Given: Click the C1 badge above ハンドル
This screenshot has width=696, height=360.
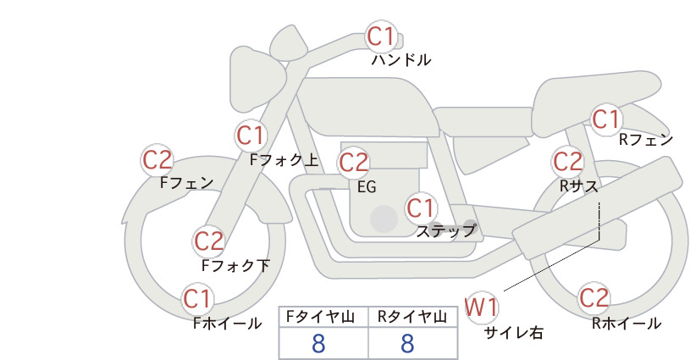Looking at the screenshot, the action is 381,36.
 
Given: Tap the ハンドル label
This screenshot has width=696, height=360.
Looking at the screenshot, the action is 400,60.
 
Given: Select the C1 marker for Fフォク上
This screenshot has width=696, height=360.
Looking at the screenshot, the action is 251,136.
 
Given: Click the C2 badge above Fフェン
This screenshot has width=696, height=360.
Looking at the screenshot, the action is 157,160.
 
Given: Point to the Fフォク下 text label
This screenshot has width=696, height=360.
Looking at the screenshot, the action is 235,265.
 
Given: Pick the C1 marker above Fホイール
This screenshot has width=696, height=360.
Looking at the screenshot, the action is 196,299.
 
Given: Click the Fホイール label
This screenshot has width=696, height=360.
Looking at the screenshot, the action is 227,324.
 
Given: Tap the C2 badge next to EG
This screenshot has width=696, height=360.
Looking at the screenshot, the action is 353,163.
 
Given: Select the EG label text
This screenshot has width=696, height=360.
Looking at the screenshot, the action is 367,187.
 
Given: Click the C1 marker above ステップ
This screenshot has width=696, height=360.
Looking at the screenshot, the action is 420,208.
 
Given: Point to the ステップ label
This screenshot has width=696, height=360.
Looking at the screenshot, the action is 445,231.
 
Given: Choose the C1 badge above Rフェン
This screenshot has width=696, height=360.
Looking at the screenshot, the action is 605,119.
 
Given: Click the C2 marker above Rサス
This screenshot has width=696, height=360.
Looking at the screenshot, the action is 567,162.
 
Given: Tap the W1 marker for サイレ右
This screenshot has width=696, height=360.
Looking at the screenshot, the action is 482,307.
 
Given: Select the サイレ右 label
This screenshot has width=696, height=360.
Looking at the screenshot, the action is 513,333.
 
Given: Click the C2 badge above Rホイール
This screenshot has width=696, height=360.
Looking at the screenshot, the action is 594,298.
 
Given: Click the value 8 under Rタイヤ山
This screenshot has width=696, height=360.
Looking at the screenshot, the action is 407,343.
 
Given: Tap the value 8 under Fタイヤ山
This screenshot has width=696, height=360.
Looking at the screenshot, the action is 318,343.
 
